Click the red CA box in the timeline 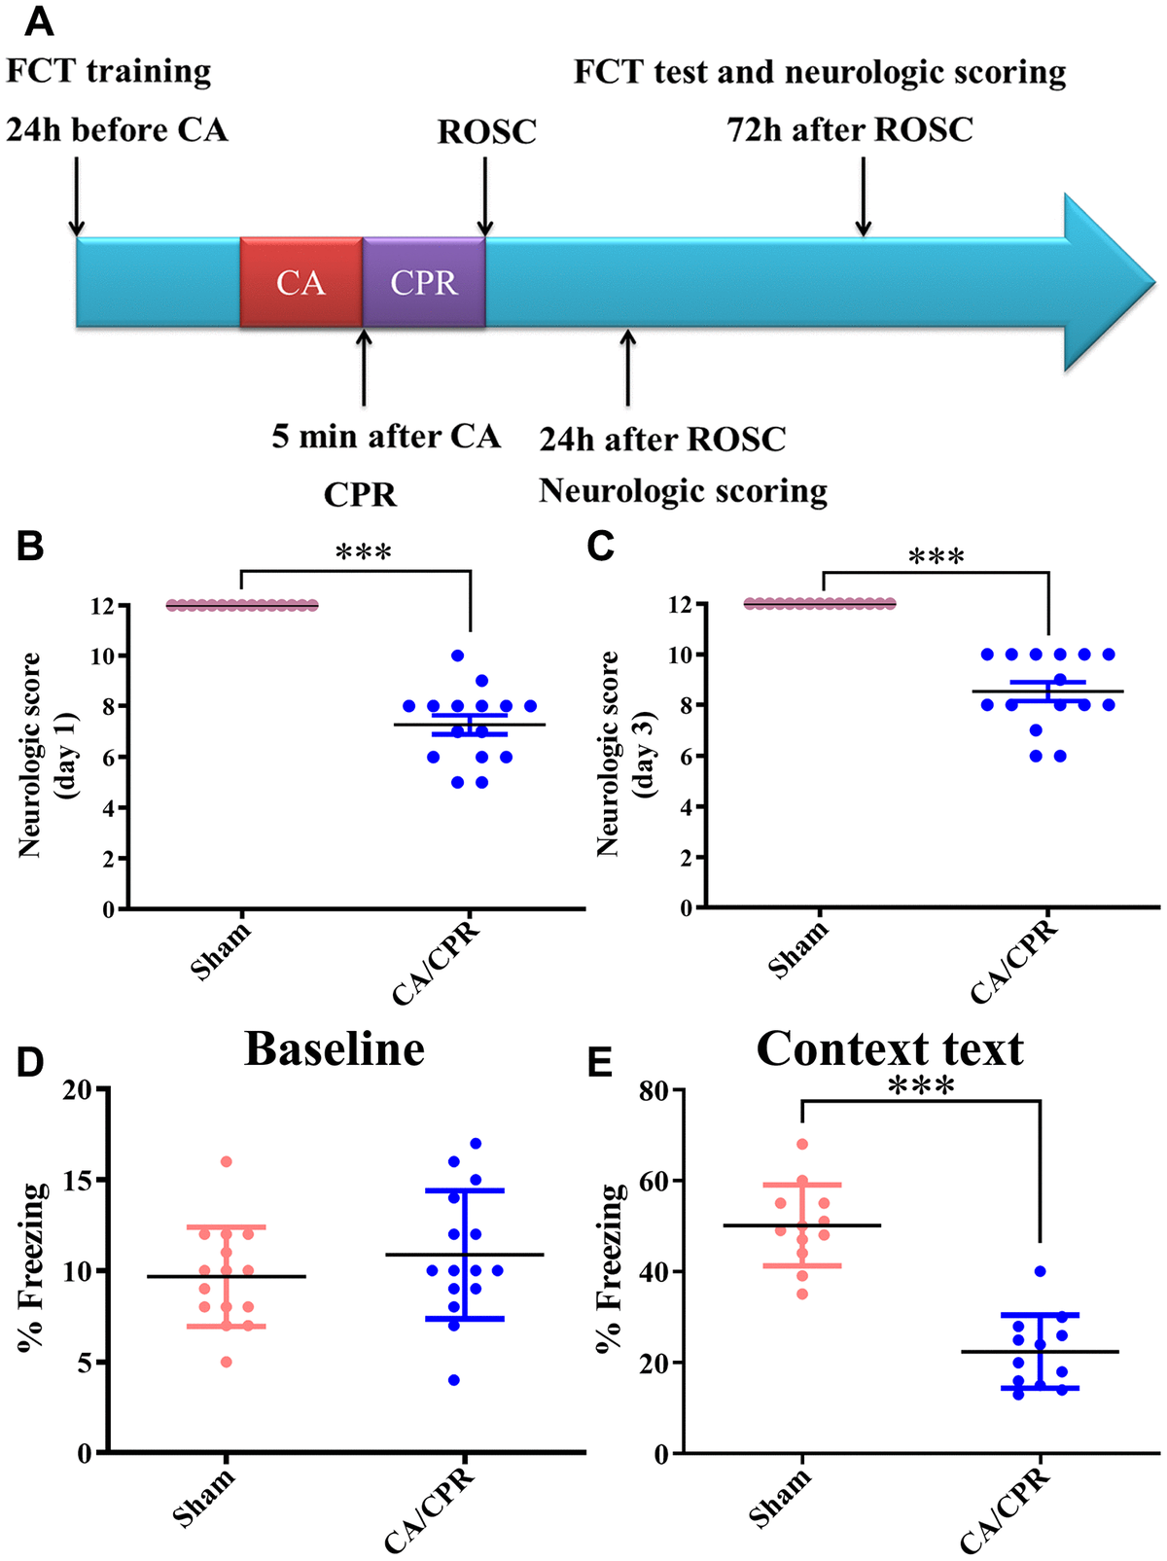pyautogui.click(x=301, y=283)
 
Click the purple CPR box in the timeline pyautogui.click(x=424, y=283)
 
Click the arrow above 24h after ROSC pyautogui.click(x=628, y=368)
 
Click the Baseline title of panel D pyautogui.click(x=335, y=1049)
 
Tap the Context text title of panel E pyautogui.click(x=890, y=1049)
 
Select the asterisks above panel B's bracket pyautogui.click(x=363, y=553)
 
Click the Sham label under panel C pyautogui.click(x=798, y=949)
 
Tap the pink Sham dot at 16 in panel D pyautogui.click(x=227, y=1162)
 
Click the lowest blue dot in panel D pyautogui.click(x=454, y=1380)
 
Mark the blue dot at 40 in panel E pyautogui.click(x=1041, y=1272)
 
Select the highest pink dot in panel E pyautogui.click(x=802, y=1145)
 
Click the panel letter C pyautogui.click(x=601, y=547)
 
